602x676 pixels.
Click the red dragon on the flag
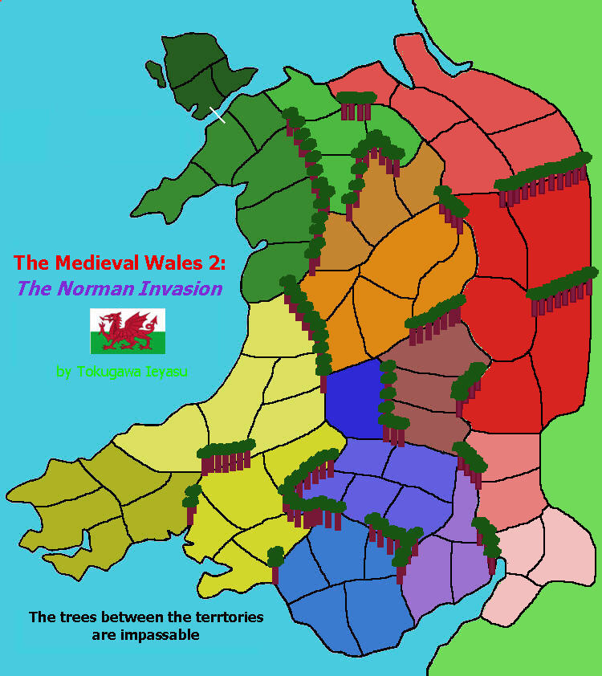click(126, 329)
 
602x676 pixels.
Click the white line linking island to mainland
click(217, 114)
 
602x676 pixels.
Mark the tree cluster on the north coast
click(356, 104)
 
